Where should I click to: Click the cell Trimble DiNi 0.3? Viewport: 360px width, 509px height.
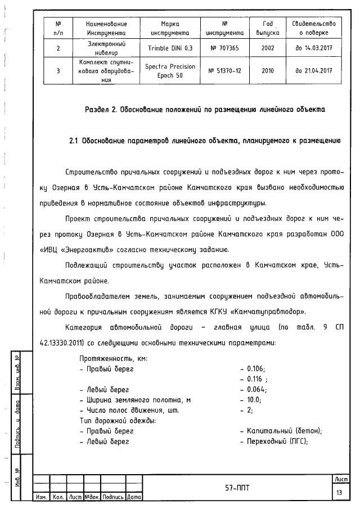pos(170,48)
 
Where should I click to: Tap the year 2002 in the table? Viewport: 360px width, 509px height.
pos(268,48)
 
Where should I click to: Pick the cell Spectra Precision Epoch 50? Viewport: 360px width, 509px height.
pos(170,70)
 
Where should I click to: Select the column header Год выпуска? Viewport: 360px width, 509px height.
pos(268,28)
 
